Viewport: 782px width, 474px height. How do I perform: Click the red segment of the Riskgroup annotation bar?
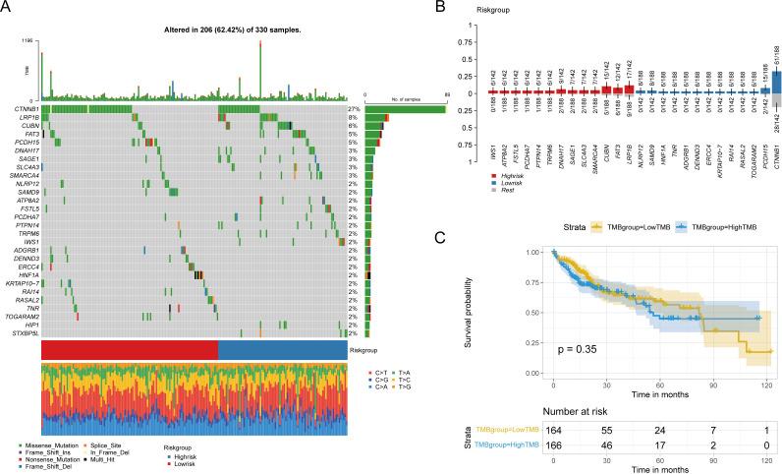pos(130,351)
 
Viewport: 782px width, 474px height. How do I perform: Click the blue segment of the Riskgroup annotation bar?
pos(283,351)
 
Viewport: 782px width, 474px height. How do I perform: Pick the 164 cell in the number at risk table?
pos(554,430)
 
